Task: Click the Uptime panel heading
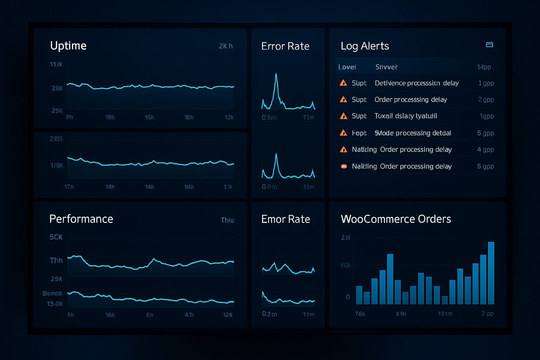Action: [68, 46]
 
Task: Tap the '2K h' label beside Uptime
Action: [225, 46]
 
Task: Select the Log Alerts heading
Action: [365, 46]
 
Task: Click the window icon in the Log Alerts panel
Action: [489, 45]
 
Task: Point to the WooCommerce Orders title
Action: [396, 219]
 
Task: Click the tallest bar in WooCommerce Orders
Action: [491, 273]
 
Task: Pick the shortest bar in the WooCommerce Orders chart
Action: [444, 300]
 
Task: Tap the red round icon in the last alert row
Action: [344, 166]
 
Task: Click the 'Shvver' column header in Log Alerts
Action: [386, 67]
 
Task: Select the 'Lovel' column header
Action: [347, 67]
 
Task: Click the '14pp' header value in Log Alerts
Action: [484, 67]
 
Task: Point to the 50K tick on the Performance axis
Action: [56, 237]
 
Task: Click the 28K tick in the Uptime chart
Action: [57, 88]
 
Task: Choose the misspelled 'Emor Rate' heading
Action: [285, 219]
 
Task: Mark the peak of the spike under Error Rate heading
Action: [276, 74]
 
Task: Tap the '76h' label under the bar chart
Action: [360, 314]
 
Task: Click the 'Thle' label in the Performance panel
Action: [227, 220]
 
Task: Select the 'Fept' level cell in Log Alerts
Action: [359, 133]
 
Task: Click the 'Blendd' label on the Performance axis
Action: [52, 293]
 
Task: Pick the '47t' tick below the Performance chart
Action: [189, 315]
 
